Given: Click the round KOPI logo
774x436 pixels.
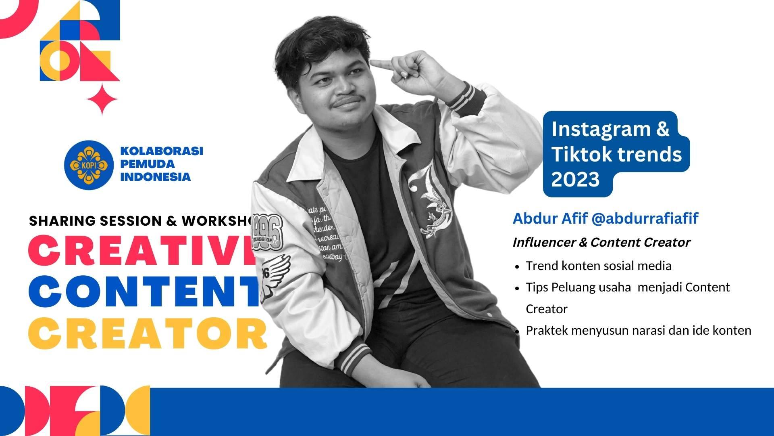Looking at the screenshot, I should click(88, 165).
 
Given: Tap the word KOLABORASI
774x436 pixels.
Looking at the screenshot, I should click(161, 151).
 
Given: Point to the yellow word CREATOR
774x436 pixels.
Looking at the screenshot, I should click(148, 333).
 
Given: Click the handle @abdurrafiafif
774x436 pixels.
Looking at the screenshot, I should click(645, 218).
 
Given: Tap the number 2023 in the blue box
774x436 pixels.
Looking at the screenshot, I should click(575, 179).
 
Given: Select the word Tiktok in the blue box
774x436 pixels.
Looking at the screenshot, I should click(576, 154).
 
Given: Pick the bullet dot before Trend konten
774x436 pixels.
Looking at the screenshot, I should click(517, 267).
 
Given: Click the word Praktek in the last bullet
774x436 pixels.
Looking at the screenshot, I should click(546, 330).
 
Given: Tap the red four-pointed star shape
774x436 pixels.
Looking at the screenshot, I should click(102, 99).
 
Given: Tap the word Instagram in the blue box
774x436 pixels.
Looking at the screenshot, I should click(601, 129).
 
